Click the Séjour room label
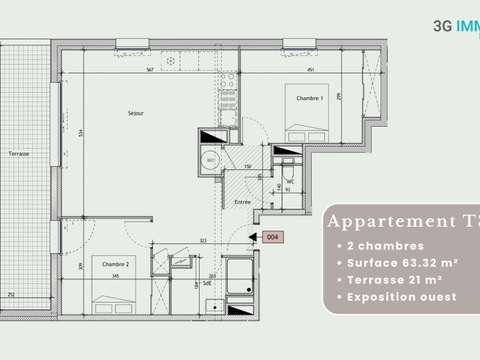136,113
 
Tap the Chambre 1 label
306,99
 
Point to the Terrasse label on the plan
17,154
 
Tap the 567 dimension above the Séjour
148,70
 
